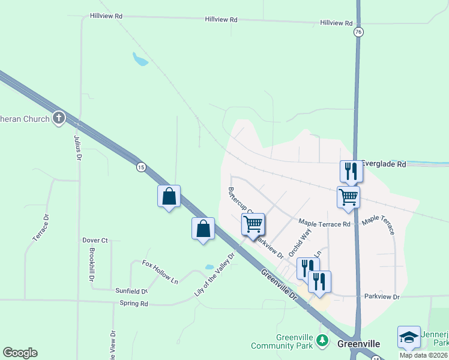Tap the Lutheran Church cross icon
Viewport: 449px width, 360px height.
click(x=58, y=118)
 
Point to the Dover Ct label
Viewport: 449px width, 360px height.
click(x=95, y=241)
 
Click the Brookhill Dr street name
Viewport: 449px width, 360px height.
click(x=92, y=264)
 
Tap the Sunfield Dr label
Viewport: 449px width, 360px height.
click(x=131, y=290)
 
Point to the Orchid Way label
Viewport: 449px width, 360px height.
click(x=300, y=242)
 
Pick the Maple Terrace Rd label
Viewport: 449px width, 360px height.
click(x=324, y=224)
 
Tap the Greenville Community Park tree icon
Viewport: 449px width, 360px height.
click(x=323, y=340)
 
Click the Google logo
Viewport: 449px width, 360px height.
click(x=20, y=353)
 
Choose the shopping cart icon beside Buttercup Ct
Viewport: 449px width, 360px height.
click(x=253, y=224)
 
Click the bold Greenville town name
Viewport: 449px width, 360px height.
click(x=358, y=344)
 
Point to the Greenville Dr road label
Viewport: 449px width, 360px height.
click(x=279, y=285)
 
